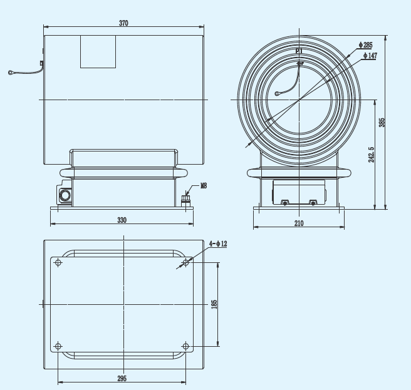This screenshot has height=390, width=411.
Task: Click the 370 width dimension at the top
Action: [123, 23]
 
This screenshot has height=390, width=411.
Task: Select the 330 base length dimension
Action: [122, 220]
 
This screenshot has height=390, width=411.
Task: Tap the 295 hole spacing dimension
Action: [122, 378]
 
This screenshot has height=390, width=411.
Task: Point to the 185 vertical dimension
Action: [214, 304]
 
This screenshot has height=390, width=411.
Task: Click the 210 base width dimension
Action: [298, 223]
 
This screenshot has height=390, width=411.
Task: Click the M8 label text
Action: [204, 186]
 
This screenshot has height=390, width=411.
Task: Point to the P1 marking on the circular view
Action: [299, 51]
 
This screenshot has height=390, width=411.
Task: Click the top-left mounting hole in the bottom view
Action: [58, 263]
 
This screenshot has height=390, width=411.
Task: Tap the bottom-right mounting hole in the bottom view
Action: [185, 346]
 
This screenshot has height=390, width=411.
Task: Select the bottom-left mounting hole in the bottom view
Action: [58, 346]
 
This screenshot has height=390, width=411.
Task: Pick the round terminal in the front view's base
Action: [65, 195]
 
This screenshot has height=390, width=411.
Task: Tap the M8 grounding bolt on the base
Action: [185, 200]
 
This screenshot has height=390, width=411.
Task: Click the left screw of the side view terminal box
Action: [284, 202]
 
